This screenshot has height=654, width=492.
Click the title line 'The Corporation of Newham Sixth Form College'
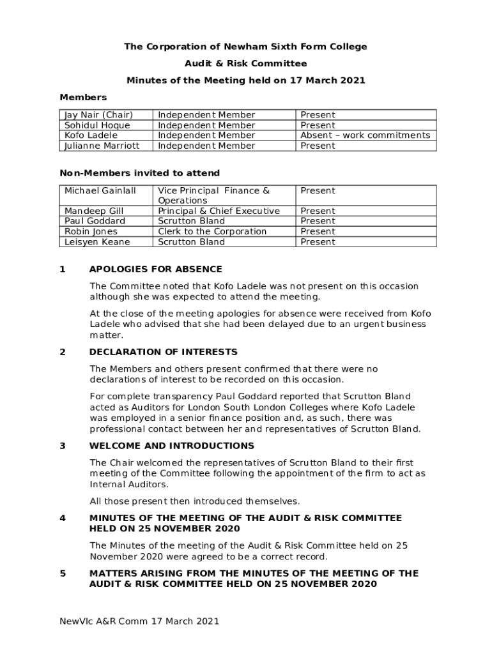[245, 47]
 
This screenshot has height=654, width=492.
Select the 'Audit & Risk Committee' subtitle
[245, 63]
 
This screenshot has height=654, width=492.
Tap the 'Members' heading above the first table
[83, 97]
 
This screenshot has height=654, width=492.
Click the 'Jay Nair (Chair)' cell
[98, 115]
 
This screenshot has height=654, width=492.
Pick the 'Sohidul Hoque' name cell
[96, 125]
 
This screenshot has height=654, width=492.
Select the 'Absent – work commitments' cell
[365, 135]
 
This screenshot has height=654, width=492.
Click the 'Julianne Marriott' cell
[102, 146]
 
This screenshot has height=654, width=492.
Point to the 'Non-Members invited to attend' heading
[139, 173]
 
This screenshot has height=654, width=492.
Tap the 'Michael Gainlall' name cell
[100, 190]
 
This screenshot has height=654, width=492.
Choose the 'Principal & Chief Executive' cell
[219, 211]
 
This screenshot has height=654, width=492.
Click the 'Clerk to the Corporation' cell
[212, 231]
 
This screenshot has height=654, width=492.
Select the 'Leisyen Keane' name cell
[97, 241]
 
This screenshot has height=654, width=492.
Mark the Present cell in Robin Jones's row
[318, 231]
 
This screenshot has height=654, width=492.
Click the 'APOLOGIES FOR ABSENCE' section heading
[156, 269]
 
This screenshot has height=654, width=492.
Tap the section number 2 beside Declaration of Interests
[63, 352]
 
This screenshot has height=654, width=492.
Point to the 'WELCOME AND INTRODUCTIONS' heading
[171, 446]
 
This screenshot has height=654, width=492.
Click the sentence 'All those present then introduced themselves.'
[194, 501]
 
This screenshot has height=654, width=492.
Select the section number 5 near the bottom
[63, 574]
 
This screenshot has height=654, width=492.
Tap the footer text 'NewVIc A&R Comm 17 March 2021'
[139, 621]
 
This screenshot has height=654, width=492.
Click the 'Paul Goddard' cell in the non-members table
[95, 221]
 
